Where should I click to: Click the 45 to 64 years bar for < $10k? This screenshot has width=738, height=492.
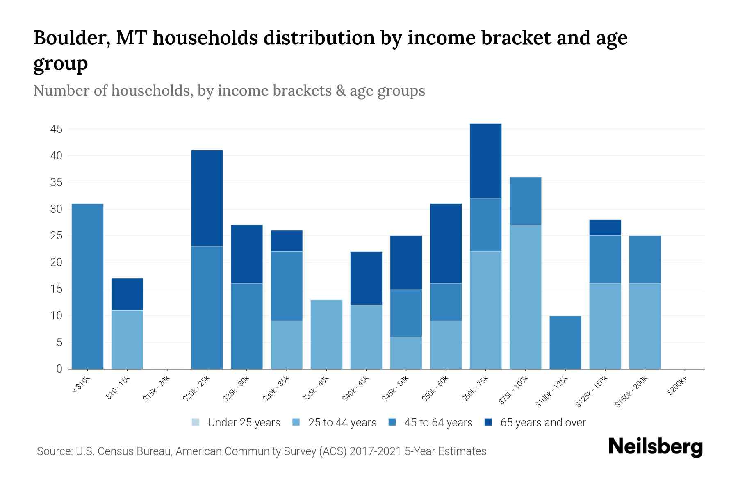click(87, 286)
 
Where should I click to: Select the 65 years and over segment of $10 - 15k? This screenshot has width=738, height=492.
click(127, 294)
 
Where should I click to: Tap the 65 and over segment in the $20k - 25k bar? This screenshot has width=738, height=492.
click(207, 198)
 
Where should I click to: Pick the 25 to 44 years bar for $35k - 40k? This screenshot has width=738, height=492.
click(326, 334)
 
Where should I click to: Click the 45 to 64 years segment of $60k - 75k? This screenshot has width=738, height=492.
click(485, 225)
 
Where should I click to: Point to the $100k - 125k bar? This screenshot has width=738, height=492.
click(565, 342)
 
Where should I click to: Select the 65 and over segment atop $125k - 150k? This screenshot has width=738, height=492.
click(605, 228)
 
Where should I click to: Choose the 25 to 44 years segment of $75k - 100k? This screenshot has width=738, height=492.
click(525, 297)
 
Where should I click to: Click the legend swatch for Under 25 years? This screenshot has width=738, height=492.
click(196, 422)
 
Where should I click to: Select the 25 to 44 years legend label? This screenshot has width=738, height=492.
click(342, 423)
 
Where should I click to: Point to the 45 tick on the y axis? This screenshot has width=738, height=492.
click(56, 130)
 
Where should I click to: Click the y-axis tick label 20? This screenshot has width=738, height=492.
click(56, 262)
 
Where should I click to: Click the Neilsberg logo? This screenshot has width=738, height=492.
click(655, 446)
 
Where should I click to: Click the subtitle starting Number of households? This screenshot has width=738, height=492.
click(229, 91)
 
